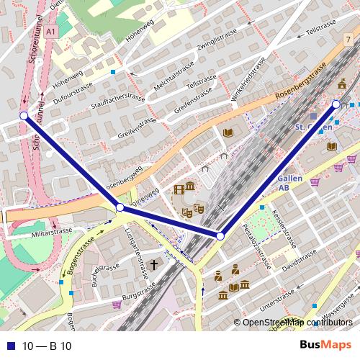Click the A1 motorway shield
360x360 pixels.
tap(50, 32)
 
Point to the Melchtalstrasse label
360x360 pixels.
tap(174, 75)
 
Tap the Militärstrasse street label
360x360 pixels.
tap(50, 232)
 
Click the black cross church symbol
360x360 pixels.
tap(153, 265)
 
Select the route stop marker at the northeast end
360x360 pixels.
tap(336, 104)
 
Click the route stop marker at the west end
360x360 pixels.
tap(24, 115)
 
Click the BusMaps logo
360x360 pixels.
tap(325, 346)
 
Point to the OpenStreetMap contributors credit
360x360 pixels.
tap(297, 323)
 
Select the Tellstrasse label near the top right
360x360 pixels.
tap(322, 33)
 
